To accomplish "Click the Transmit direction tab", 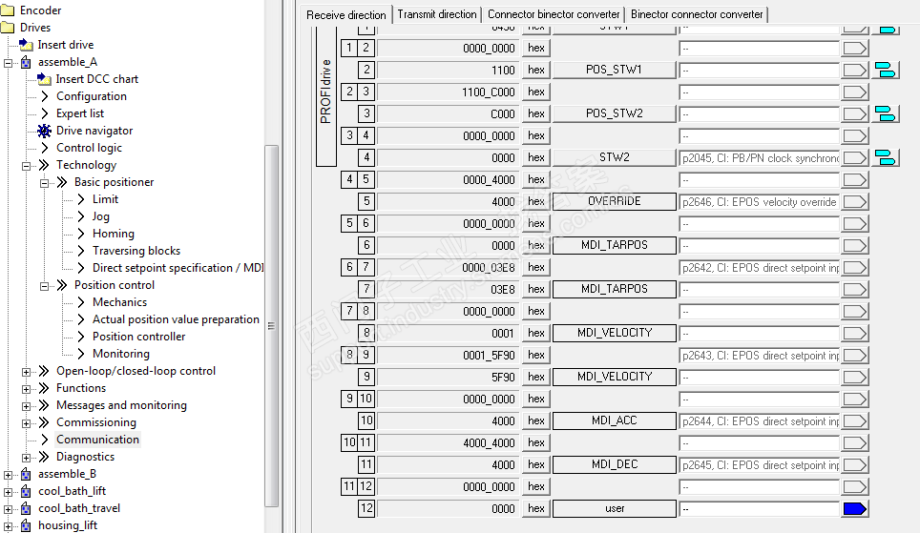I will [437, 14].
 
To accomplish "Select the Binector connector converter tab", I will [697, 14].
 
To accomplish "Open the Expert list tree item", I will [80, 113].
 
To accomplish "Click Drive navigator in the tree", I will [94, 131].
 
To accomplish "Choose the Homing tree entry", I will [113, 234].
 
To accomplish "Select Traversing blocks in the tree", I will [136, 251].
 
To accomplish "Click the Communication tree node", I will [97, 440].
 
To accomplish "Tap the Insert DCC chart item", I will [96, 79].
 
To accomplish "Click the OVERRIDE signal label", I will [614, 201].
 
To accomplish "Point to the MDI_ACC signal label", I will [614, 420].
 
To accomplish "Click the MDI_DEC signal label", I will [614, 464].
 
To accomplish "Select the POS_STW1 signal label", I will [614, 70].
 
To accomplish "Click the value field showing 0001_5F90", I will [449, 355].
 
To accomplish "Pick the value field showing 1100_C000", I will [449, 92].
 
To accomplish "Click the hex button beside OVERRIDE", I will [536, 201].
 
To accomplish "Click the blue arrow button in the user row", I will [854, 508].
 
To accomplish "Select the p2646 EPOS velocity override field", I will [759, 201].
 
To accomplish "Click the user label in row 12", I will [614, 508].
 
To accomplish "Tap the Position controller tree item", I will [138, 337].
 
